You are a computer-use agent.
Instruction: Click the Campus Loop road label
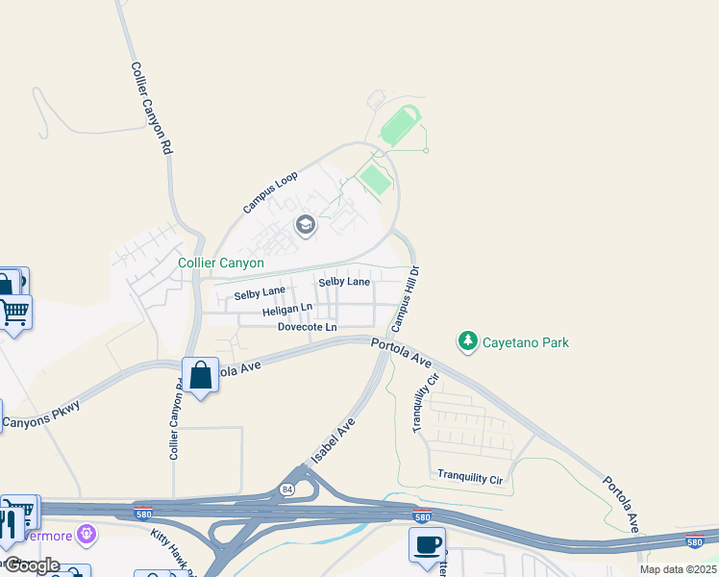[x=271, y=192]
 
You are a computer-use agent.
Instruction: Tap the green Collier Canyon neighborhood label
[x=221, y=263]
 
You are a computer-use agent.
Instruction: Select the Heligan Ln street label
[x=287, y=312]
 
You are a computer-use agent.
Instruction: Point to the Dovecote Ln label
[x=308, y=328]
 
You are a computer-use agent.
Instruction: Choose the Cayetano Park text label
[x=526, y=342]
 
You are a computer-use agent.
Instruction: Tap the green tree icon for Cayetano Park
[x=467, y=340]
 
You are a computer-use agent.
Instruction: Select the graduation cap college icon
[x=306, y=226]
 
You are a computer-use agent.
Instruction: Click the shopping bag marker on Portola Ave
[x=200, y=375]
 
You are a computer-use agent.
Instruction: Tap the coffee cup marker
[x=426, y=544]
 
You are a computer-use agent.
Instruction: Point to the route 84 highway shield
[x=286, y=489]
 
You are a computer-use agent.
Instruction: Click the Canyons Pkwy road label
[x=40, y=415]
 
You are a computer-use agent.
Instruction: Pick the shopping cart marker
[x=14, y=312]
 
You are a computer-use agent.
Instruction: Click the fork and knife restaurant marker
[x=7, y=524]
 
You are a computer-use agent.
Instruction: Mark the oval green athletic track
[x=400, y=126]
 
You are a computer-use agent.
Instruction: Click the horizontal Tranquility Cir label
[x=469, y=475]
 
